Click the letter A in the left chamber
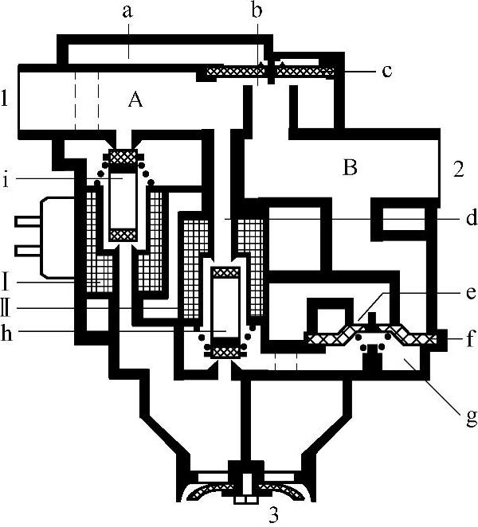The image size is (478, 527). click(135, 100)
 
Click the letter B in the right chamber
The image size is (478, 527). click(348, 168)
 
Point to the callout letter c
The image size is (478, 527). click(386, 72)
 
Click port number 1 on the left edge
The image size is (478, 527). click(6, 100)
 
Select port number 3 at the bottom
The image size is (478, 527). click(273, 514)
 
